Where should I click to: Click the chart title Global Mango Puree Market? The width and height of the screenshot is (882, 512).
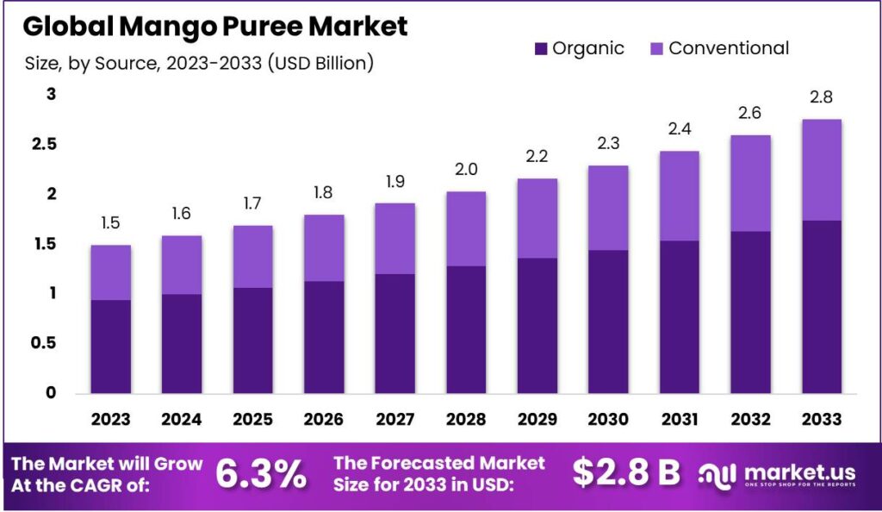click(215, 26)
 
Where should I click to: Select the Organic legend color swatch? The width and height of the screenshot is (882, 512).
click(541, 48)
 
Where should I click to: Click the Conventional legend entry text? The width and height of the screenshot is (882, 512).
click(729, 48)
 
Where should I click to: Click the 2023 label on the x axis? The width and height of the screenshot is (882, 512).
click(110, 419)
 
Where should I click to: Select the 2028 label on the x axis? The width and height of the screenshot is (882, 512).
click(465, 419)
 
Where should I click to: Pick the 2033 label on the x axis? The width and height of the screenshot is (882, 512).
click(820, 419)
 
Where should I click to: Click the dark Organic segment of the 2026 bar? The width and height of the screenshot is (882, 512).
click(323, 336)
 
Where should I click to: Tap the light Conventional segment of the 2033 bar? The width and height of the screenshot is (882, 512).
click(820, 170)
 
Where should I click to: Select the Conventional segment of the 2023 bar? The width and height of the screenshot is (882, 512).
click(110, 272)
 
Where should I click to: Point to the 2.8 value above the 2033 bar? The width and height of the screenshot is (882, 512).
click(820, 97)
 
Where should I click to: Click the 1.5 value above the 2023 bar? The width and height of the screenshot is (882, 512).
click(110, 224)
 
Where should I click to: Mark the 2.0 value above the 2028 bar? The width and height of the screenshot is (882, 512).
click(465, 170)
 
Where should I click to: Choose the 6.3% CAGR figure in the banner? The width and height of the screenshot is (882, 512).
click(261, 473)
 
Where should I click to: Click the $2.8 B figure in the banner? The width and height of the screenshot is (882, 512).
click(626, 473)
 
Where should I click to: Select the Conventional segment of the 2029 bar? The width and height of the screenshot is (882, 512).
click(536, 218)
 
